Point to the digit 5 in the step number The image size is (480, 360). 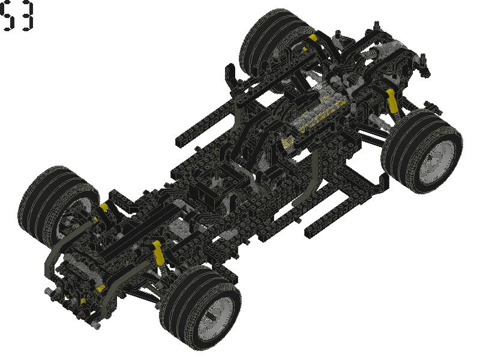click(x=8, y=17)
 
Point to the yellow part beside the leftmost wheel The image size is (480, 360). click(x=104, y=207)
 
